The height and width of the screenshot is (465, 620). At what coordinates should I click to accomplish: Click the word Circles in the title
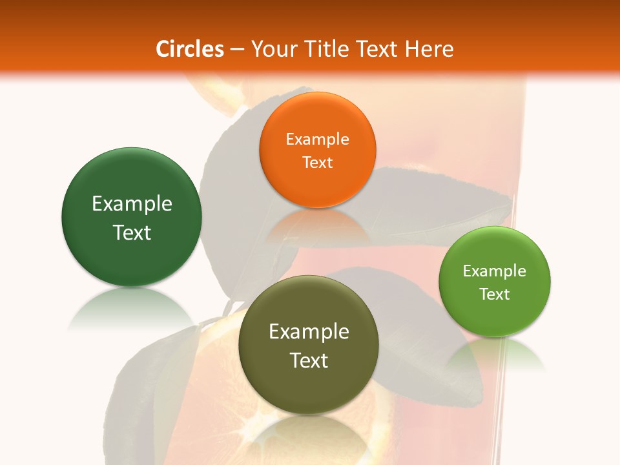click(x=190, y=49)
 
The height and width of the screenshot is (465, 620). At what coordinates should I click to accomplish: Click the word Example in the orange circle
click(x=317, y=139)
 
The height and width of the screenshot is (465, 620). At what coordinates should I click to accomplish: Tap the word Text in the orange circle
click(x=317, y=162)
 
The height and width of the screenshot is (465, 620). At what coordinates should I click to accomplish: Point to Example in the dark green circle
click(x=132, y=203)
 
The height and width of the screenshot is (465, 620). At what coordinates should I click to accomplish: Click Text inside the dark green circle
click(x=132, y=232)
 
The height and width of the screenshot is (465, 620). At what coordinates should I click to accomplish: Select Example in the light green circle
click(x=495, y=271)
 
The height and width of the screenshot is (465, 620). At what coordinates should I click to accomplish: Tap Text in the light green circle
click(x=495, y=294)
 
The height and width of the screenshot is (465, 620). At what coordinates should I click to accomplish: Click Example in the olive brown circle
click(x=309, y=331)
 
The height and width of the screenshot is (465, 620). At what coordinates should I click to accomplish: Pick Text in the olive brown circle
click(x=309, y=360)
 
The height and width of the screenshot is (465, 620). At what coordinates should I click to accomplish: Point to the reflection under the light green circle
click(x=495, y=355)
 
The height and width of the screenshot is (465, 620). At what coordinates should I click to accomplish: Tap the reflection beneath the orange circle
click(x=317, y=223)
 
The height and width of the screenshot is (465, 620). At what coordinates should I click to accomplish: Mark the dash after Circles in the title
click(x=237, y=49)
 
